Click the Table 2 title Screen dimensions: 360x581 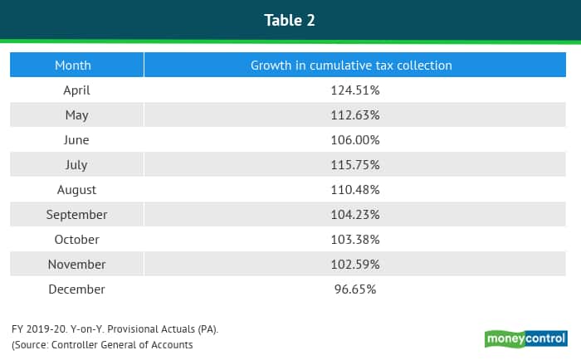pyautogui.click(x=290, y=20)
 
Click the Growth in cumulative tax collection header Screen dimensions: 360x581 pyautogui.click(x=351, y=65)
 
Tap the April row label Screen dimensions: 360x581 pyautogui.click(x=76, y=90)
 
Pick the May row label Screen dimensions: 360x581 pyautogui.click(x=76, y=114)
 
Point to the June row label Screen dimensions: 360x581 pyautogui.click(x=76, y=139)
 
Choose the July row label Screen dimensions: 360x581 pyautogui.click(x=76, y=164)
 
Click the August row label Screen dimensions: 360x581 pyautogui.click(x=76, y=189)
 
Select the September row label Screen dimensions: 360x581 pyautogui.click(x=76, y=214)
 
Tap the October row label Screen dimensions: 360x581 pyautogui.click(x=76, y=239)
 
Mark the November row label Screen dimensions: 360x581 pyautogui.click(x=76, y=264)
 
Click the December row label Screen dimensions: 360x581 pyautogui.click(x=76, y=289)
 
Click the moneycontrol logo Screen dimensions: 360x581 pyautogui.click(x=525, y=338)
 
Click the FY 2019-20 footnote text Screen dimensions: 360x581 pyautogui.click(x=115, y=329)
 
